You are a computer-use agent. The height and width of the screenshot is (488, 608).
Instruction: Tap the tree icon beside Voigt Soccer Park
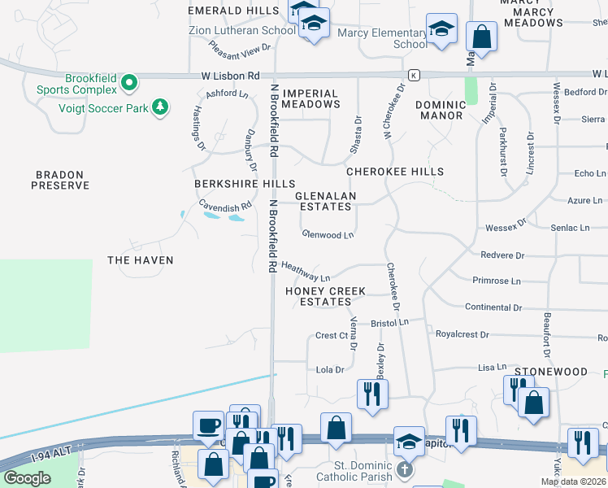161,107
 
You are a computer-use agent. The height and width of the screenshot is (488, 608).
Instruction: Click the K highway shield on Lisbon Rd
414,75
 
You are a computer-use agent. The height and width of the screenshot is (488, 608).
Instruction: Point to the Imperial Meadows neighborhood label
311,98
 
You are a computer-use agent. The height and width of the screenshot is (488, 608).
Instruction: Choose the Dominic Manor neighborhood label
441,110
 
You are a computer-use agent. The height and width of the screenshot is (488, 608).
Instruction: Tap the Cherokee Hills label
395,172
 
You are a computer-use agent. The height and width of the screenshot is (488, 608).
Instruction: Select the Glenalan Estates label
324,202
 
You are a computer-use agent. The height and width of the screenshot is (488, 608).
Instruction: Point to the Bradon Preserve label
60,180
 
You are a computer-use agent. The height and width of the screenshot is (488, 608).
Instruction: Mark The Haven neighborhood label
141,259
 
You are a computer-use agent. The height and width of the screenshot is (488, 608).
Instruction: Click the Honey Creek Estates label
325,296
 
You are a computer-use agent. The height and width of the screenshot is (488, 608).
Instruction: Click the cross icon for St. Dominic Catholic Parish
405,469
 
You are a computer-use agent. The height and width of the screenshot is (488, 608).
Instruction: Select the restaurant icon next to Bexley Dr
372,394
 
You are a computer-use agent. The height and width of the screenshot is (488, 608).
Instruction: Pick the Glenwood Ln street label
328,235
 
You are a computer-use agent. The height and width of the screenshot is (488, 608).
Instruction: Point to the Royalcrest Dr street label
462,334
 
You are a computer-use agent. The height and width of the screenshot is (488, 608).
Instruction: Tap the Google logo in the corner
27,478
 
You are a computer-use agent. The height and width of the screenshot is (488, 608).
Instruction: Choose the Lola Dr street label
330,369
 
